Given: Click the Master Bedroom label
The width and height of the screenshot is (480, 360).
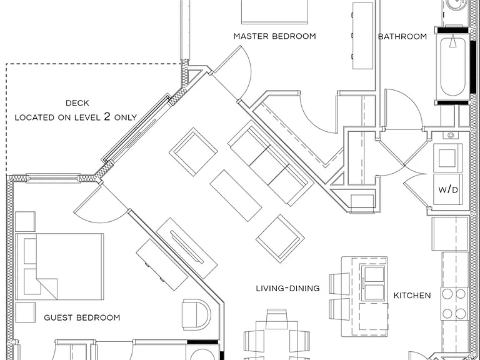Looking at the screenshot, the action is point(274,36).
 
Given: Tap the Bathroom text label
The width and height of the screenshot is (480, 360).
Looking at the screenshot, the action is point(402,36).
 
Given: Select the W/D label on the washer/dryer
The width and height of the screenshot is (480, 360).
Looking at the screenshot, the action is point(448,190).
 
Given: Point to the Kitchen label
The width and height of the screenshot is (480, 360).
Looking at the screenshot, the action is point(412,296).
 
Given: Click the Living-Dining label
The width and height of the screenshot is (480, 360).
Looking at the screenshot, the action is point(287,288).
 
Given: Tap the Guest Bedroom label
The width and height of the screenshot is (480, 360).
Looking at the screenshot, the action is point(82,317).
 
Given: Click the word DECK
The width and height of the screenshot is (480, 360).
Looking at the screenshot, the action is point(77,103).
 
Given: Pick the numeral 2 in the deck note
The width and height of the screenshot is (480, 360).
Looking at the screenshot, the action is point(107,116).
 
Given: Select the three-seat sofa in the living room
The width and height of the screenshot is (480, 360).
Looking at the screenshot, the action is point(271,163).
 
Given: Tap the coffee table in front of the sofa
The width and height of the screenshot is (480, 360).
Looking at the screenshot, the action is point(236,195).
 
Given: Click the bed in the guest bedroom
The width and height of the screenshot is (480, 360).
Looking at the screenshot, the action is point(59,267).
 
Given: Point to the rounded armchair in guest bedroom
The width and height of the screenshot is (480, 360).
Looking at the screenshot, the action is point(196,315).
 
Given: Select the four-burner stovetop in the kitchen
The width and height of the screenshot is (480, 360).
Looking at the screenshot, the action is point(454,304).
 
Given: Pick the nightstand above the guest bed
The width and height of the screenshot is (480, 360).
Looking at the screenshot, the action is point(25,221).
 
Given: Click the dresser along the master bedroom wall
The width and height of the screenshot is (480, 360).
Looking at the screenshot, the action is point(362,36).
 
